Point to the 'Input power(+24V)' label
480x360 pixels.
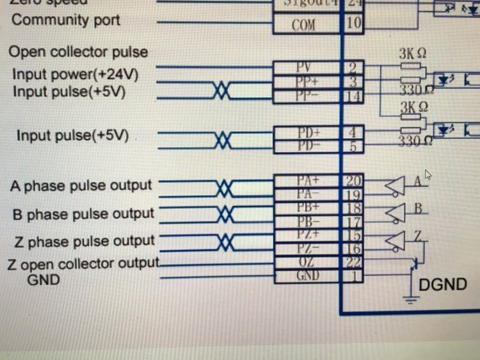[76, 75]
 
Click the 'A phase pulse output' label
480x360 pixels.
[81, 186]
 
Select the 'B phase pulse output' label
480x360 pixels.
[83, 214]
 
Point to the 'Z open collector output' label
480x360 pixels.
[82, 263]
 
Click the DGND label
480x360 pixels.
[442, 285]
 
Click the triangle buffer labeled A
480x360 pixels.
[395, 185]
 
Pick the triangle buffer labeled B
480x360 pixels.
[395, 212]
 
